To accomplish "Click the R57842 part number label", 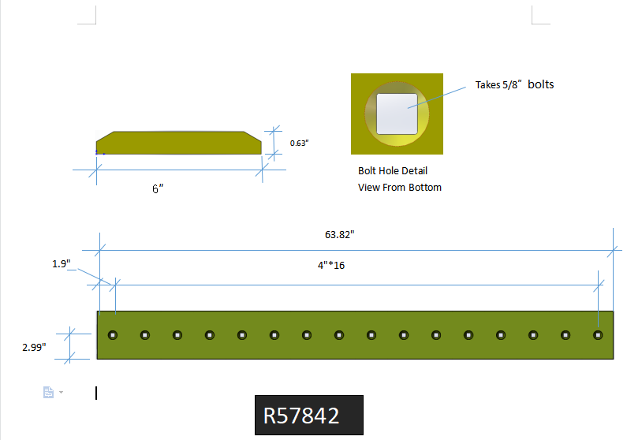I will [x=301, y=416].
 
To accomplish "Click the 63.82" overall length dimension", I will [x=340, y=234].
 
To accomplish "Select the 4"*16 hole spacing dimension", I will [x=331, y=265].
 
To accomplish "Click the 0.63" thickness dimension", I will [x=299, y=143].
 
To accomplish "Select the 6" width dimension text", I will [x=158, y=188].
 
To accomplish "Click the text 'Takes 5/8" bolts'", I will [x=514, y=84].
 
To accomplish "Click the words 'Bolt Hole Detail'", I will [x=393, y=170].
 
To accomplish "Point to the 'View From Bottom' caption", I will [x=400, y=187].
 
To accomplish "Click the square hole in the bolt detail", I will [x=397, y=114].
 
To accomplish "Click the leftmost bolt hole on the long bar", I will [x=113, y=335].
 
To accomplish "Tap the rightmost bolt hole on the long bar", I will [x=598, y=335].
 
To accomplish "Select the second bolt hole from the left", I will [x=145, y=335].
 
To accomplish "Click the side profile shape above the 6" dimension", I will [x=177, y=143].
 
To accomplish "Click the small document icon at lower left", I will [x=48, y=392].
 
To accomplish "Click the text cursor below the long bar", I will [x=96, y=393].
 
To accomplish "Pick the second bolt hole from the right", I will [x=565, y=335].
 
